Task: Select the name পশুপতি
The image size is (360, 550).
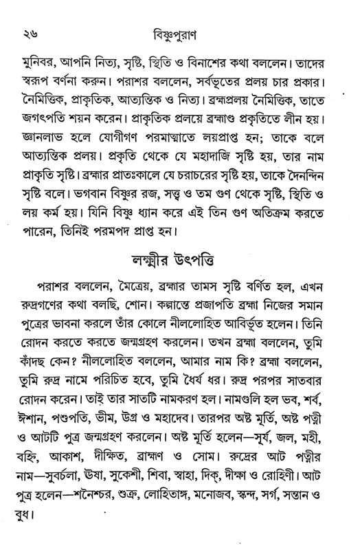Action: pos(74,397)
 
